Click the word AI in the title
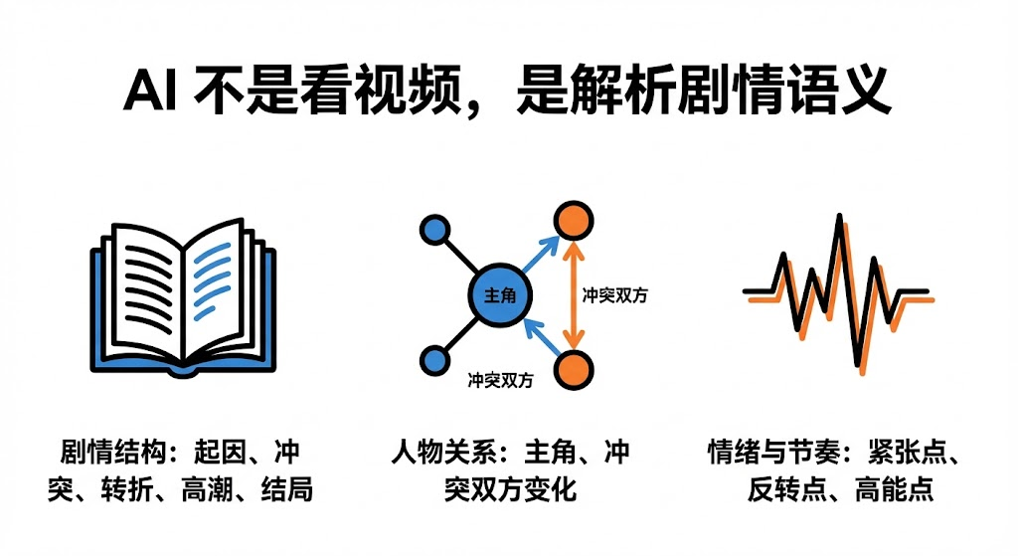coord(150,94)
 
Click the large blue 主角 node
coord(499,296)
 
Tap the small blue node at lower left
coord(434,360)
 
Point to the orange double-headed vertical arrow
coord(573,294)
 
